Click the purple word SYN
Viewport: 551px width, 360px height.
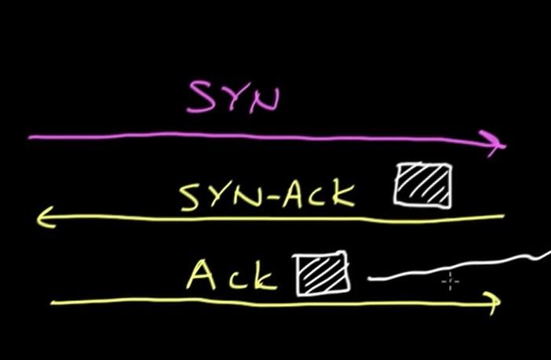[234, 96]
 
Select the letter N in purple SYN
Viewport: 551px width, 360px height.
[265, 100]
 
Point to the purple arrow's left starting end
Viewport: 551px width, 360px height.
[30, 138]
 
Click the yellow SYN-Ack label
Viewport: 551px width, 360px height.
[267, 196]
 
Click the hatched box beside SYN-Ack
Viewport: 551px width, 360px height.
[423, 185]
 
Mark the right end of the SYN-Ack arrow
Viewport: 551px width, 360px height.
[504, 216]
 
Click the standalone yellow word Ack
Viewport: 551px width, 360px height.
[232, 275]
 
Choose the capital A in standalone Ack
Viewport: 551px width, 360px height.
[201, 275]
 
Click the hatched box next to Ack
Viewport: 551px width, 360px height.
[321, 274]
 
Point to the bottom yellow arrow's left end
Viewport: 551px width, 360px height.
[52, 302]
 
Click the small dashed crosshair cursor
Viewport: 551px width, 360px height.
[451, 281]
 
